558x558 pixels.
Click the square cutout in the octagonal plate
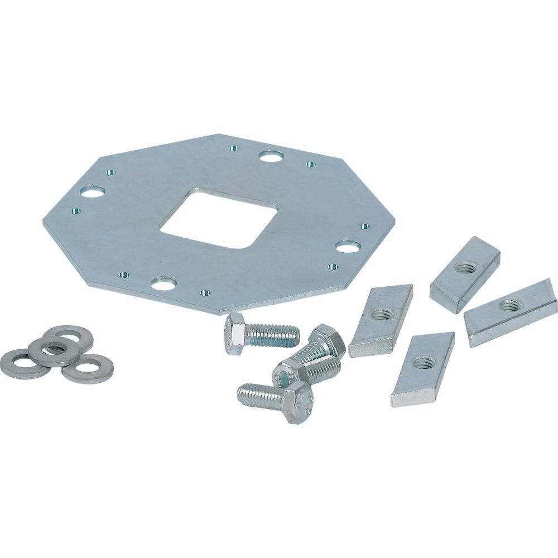point(219,219)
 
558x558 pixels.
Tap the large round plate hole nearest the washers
point(93,192)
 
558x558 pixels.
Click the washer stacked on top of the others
point(54,350)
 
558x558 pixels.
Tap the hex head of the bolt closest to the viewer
point(295,400)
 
